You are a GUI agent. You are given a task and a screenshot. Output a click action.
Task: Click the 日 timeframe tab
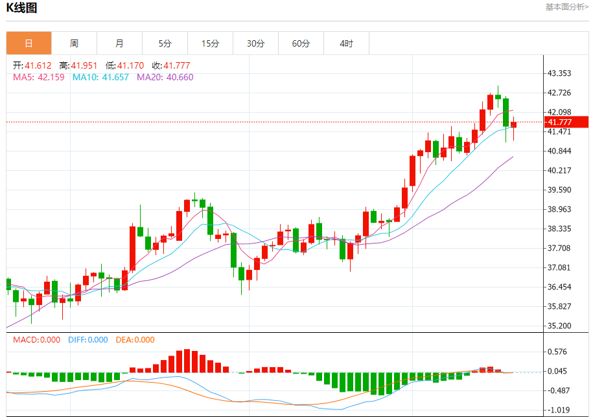[29, 43]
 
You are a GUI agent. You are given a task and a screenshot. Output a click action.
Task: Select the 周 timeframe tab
[74, 43]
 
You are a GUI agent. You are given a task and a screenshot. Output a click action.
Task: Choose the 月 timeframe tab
[119, 43]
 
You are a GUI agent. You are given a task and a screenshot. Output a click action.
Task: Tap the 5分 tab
[165, 43]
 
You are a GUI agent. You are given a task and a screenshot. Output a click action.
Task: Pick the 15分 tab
[210, 43]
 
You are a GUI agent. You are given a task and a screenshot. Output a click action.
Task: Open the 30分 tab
[255, 43]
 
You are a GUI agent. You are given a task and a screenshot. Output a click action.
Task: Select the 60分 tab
[301, 43]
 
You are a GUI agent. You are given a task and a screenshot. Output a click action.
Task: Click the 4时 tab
[346, 43]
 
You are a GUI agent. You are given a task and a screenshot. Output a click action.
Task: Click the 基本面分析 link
[566, 7]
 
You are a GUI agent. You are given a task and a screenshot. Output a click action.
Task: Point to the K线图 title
[21, 8]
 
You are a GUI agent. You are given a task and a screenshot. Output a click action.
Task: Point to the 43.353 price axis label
[559, 73]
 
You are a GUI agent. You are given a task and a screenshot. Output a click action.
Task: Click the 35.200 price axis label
[559, 326]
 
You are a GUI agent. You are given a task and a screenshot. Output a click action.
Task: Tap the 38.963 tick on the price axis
[559, 209]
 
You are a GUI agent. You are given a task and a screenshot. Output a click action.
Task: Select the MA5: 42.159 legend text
[39, 77]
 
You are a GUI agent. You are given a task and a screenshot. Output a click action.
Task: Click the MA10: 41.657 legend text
[100, 77]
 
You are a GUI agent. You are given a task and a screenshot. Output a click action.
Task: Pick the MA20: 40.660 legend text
[165, 77]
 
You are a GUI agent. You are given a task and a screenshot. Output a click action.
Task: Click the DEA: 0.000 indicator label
[135, 339]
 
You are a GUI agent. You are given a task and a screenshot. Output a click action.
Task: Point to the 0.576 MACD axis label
[557, 352]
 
